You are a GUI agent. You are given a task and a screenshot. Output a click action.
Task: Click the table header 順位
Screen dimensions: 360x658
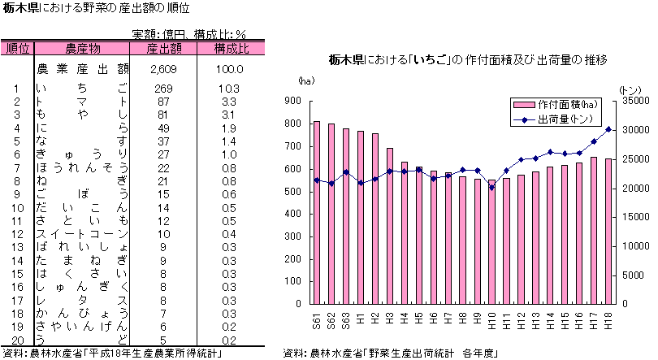tap(17, 48)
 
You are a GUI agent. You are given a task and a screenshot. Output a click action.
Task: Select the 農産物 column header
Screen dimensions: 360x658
tap(82, 48)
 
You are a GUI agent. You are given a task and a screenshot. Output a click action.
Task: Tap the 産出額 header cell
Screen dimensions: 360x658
tap(162, 48)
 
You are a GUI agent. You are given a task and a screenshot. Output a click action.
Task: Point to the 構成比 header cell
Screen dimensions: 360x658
tap(231, 48)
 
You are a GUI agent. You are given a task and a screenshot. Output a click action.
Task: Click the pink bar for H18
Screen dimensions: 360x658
tap(608, 231)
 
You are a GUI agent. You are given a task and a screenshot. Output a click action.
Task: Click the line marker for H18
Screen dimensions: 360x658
tap(608, 129)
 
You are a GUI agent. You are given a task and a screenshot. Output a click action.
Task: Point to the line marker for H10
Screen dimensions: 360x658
tap(491, 188)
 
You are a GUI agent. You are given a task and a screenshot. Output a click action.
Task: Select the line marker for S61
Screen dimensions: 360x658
tap(316, 180)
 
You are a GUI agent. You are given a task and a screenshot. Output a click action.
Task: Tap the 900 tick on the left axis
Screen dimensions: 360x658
tap(292, 101)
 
